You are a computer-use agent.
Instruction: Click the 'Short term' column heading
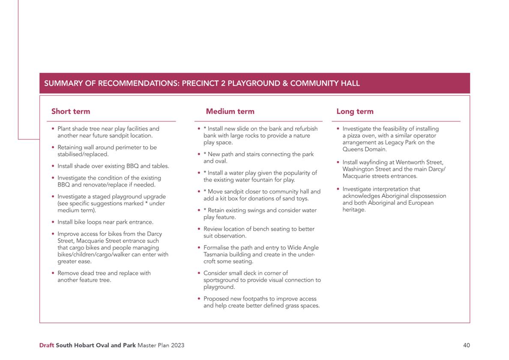point(71,111)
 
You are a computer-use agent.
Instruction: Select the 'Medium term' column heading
point(230,111)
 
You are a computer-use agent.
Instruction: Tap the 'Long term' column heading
point(355,111)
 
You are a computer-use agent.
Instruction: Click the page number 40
point(466,345)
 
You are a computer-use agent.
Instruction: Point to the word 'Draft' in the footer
point(47,345)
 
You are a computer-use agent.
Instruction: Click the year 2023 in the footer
point(177,345)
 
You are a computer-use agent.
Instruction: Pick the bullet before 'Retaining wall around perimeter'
point(53,147)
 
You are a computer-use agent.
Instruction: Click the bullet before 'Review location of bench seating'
point(199,229)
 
